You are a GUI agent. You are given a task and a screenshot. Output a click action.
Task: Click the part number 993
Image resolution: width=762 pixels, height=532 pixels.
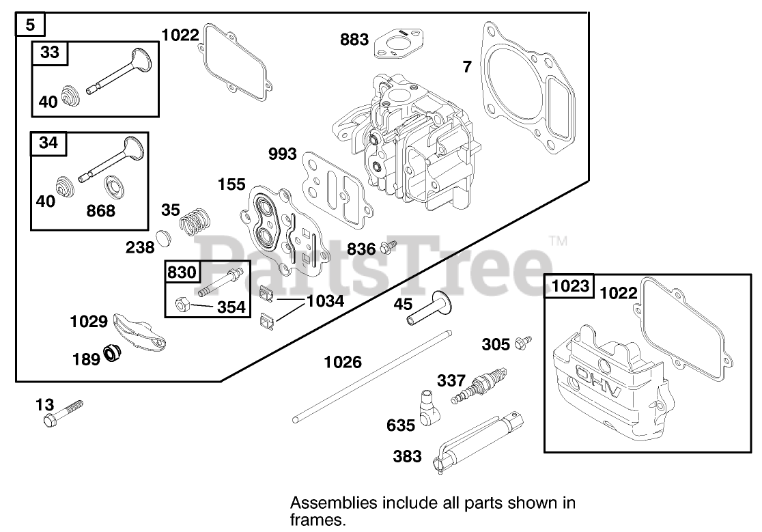(x=282, y=154)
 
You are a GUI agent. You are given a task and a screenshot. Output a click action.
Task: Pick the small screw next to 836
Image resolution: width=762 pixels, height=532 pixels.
(x=389, y=247)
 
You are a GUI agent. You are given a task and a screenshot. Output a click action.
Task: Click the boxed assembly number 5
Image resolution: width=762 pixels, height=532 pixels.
(x=30, y=26)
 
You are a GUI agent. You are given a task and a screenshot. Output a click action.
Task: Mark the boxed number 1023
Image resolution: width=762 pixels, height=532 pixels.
(x=571, y=287)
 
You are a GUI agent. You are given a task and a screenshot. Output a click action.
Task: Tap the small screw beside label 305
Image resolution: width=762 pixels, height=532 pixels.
(x=524, y=341)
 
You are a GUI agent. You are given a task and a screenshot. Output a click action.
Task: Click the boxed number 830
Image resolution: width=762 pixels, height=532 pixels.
(x=181, y=273)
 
